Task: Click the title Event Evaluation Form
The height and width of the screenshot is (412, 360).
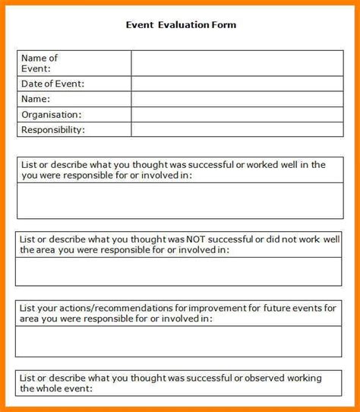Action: click(181, 25)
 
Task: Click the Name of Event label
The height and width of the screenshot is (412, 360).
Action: click(39, 63)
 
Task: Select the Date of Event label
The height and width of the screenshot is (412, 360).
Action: click(52, 84)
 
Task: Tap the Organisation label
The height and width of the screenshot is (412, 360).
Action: click(52, 115)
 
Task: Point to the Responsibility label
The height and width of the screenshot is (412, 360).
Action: click(53, 130)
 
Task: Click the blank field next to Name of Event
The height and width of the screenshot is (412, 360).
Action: click(236, 63)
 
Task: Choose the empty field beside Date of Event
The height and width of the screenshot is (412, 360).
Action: click(236, 84)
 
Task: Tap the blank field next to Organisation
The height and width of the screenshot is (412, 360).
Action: click(236, 115)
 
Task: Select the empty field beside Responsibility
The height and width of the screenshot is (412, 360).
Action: click(236, 130)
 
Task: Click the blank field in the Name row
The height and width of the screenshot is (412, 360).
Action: click(236, 100)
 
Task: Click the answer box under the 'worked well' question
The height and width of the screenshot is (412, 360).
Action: click(179, 201)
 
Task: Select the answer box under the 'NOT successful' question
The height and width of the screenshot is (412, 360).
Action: click(179, 271)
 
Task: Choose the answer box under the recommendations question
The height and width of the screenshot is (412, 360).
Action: click(179, 341)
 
